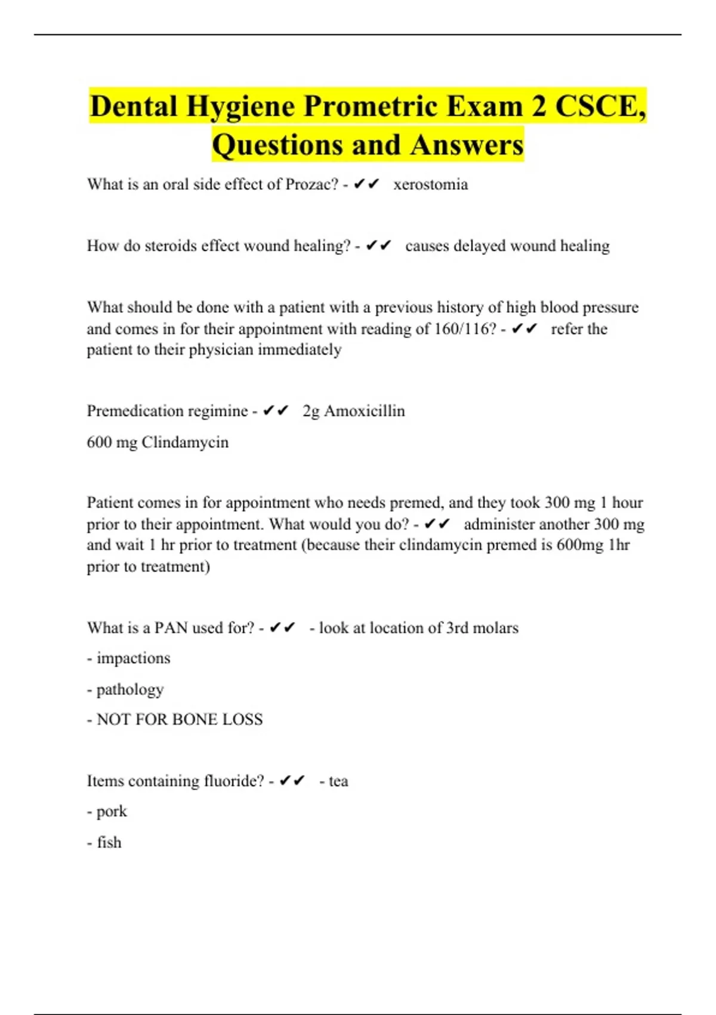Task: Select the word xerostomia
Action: [430, 184]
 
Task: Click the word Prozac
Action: [312, 184]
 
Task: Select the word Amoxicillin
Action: [364, 411]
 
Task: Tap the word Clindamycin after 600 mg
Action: [185, 442]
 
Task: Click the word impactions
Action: [133, 659]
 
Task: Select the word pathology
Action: [129, 690]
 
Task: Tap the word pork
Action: [112, 811]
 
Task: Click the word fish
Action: [109, 842]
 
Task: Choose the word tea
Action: [338, 781]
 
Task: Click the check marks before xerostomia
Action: [366, 184]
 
